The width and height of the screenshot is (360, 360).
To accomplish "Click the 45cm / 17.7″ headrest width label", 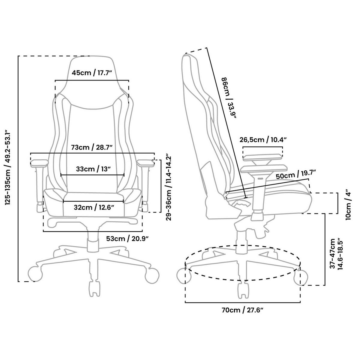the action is (92, 73).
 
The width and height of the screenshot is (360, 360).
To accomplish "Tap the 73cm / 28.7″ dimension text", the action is (92, 147).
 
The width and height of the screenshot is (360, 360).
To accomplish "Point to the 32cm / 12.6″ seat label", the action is (94, 207).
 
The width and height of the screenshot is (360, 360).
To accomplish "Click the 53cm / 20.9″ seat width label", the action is (127, 238).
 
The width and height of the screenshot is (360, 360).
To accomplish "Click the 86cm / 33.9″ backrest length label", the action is (228, 99).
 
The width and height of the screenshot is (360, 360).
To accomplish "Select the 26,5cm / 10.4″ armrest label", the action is (263, 139).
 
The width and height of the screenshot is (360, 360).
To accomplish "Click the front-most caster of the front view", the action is (94, 289).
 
